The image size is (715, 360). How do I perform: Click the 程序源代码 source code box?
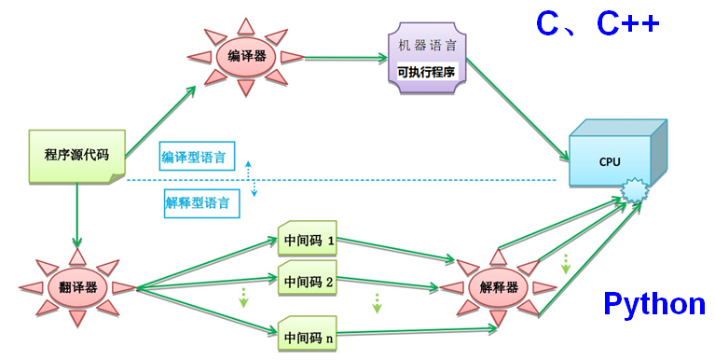pyautogui.click(x=77, y=156)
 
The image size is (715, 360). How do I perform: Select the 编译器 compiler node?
pyautogui.click(x=246, y=57)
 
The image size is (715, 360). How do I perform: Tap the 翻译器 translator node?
pyautogui.click(x=77, y=287)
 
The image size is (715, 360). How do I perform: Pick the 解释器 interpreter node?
pyautogui.click(x=499, y=287)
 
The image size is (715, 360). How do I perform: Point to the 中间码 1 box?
pyautogui.click(x=308, y=239)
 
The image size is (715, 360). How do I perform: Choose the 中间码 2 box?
pyautogui.click(x=308, y=279)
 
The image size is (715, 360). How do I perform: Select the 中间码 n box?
pyautogui.click(x=308, y=334)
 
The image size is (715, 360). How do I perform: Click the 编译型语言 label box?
pyautogui.click(x=198, y=156)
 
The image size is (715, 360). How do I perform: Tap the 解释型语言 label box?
pyautogui.click(x=201, y=203)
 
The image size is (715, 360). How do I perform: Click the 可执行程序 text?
pyautogui.click(x=426, y=72)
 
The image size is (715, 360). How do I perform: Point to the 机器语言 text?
pyautogui.click(x=427, y=45)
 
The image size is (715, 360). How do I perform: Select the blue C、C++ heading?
pyautogui.click(x=598, y=23)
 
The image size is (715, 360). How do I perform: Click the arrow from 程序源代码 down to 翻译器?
pyautogui.click(x=77, y=215)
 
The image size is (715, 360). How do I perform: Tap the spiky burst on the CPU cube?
pyautogui.click(x=634, y=191)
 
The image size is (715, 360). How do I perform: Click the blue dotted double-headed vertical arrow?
pyautogui.click(x=251, y=178)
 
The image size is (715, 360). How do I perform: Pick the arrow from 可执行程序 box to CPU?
pyautogui.click(x=517, y=109)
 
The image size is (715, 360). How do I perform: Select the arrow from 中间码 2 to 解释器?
pyautogui.click(x=388, y=283)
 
